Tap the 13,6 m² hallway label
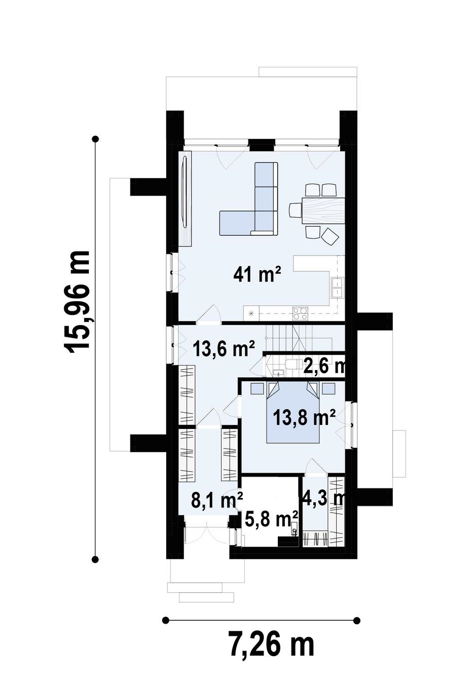click(224, 348)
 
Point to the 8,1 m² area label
click(217, 499)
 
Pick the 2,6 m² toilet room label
click(325, 366)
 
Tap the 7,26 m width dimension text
click(272, 640)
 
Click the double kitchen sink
click(337, 287)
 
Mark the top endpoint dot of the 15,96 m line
click(96, 139)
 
